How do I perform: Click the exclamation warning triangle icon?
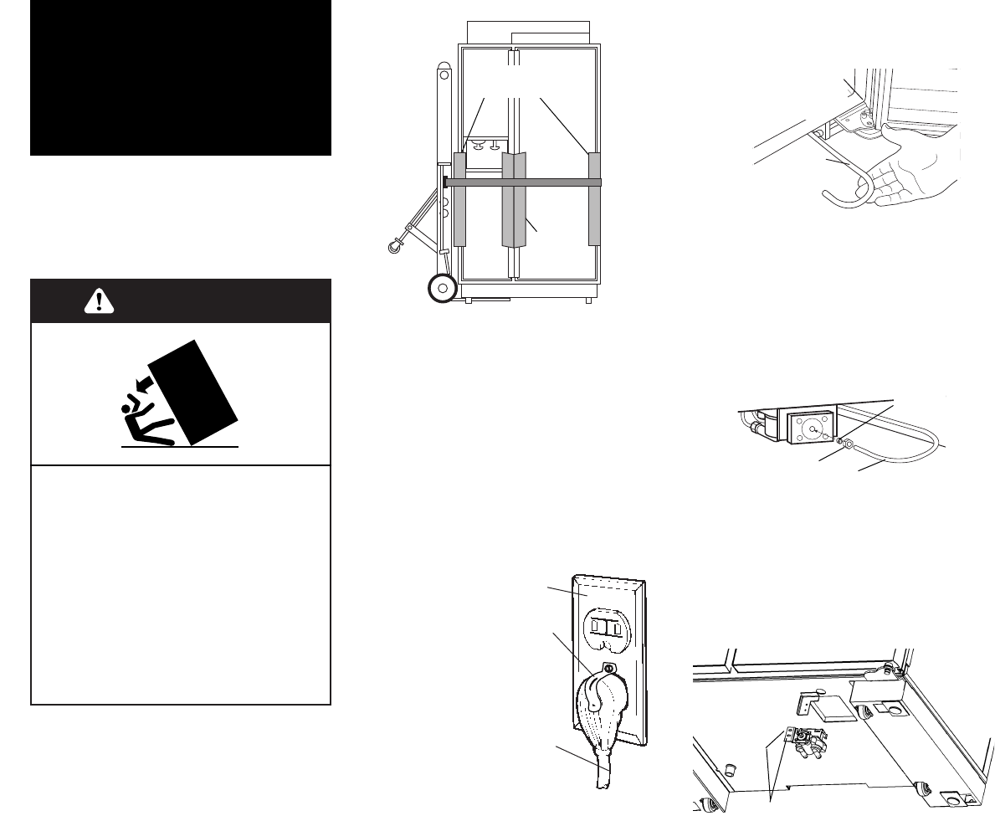[x=99, y=302]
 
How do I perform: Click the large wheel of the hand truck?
[x=442, y=289]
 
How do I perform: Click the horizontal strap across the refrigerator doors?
[x=523, y=181]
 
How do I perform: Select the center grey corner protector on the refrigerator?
[x=513, y=199]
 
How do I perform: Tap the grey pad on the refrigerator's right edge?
[x=595, y=199]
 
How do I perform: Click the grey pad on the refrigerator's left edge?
[x=459, y=199]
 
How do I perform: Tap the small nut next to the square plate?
[x=849, y=444]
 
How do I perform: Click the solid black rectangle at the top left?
[x=181, y=78]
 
